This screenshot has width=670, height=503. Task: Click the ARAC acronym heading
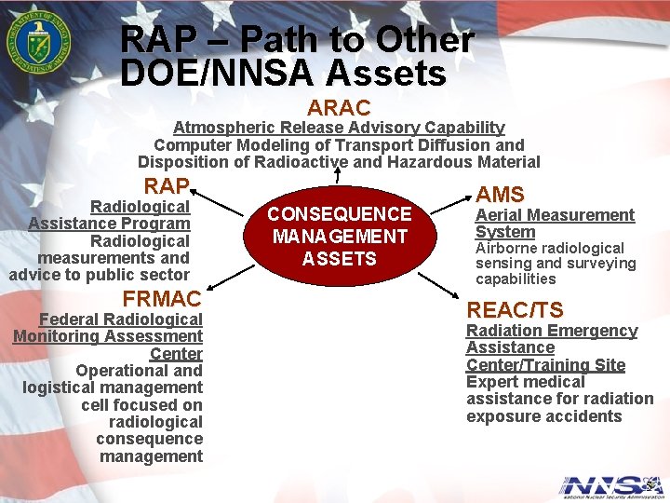339,108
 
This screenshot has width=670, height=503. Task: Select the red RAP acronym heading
167,185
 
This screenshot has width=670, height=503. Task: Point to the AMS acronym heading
501,194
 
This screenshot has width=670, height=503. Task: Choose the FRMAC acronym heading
162,299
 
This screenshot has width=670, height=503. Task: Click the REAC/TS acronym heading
515,309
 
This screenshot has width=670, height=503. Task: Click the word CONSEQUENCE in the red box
339,214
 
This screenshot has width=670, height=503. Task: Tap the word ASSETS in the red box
339,259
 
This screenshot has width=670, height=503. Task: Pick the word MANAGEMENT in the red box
339,237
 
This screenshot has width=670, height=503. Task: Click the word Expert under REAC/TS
492,382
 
